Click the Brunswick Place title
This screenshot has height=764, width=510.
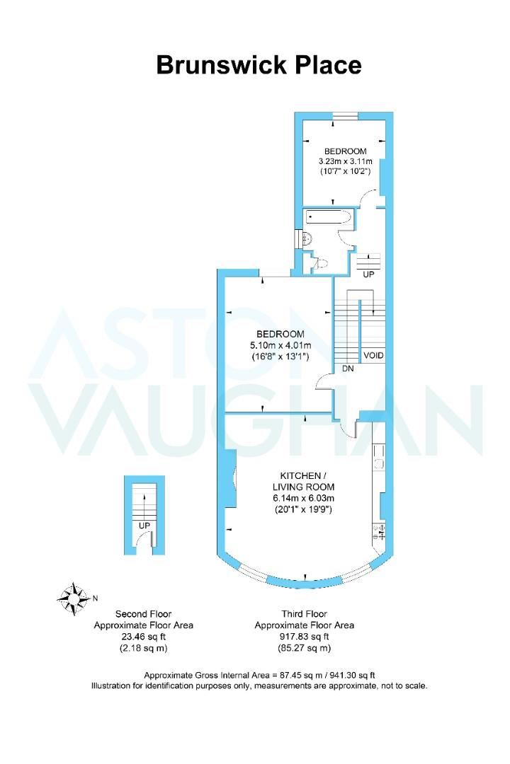(259, 65)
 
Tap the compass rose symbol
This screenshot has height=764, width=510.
(74, 598)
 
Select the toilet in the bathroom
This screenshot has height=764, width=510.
(321, 264)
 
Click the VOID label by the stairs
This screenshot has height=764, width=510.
(373, 355)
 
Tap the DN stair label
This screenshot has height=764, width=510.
(348, 369)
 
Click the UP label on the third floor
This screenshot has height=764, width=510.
(368, 274)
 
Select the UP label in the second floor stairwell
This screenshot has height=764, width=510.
(144, 526)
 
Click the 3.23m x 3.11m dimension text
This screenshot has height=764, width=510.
(346, 161)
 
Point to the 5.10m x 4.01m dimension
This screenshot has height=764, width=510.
(280, 345)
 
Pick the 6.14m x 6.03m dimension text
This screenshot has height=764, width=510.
(304, 498)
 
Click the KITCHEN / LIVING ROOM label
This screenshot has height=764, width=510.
(304, 481)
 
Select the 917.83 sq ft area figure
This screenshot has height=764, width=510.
(304, 637)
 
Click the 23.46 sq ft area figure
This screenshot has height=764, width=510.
(144, 637)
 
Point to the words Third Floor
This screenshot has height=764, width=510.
(304, 614)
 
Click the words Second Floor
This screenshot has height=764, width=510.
(144, 614)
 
